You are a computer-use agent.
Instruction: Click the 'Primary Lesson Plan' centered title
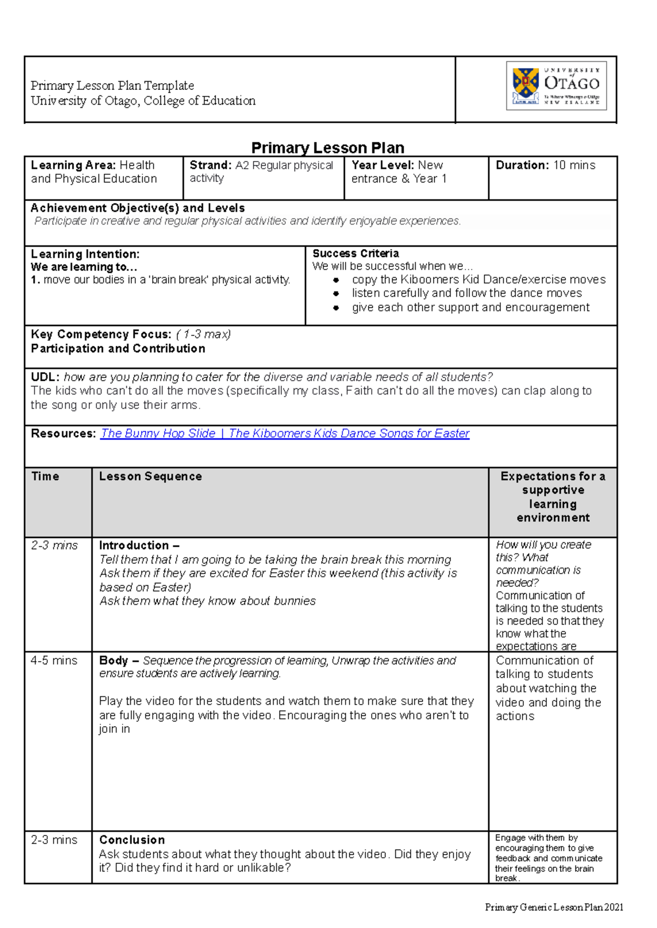pos(327,148)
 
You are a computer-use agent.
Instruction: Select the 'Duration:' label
pos(522,165)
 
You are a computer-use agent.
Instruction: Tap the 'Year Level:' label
pos(382,165)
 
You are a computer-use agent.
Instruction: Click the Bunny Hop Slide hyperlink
pos(285,433)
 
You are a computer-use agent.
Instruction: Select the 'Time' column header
pos(45,476)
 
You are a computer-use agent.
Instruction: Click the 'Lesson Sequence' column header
pos(150,476)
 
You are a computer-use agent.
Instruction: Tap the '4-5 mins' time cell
pos(54,661)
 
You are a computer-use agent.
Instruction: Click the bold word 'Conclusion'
pos(132,840)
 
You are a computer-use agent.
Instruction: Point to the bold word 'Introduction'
pos(134,546)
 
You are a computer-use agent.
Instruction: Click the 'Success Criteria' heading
pos(355,254)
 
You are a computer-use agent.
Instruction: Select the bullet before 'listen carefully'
pos(336,294)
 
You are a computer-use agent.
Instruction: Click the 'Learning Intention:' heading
pos(85,254)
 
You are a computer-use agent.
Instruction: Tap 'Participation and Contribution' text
pos(118,349)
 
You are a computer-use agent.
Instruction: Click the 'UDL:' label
pos(45,377)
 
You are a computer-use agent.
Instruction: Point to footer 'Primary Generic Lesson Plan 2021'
pos(554,907)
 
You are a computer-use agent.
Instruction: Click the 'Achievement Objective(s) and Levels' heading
pos(137,208)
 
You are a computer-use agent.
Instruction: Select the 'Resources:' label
pos(63,433)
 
